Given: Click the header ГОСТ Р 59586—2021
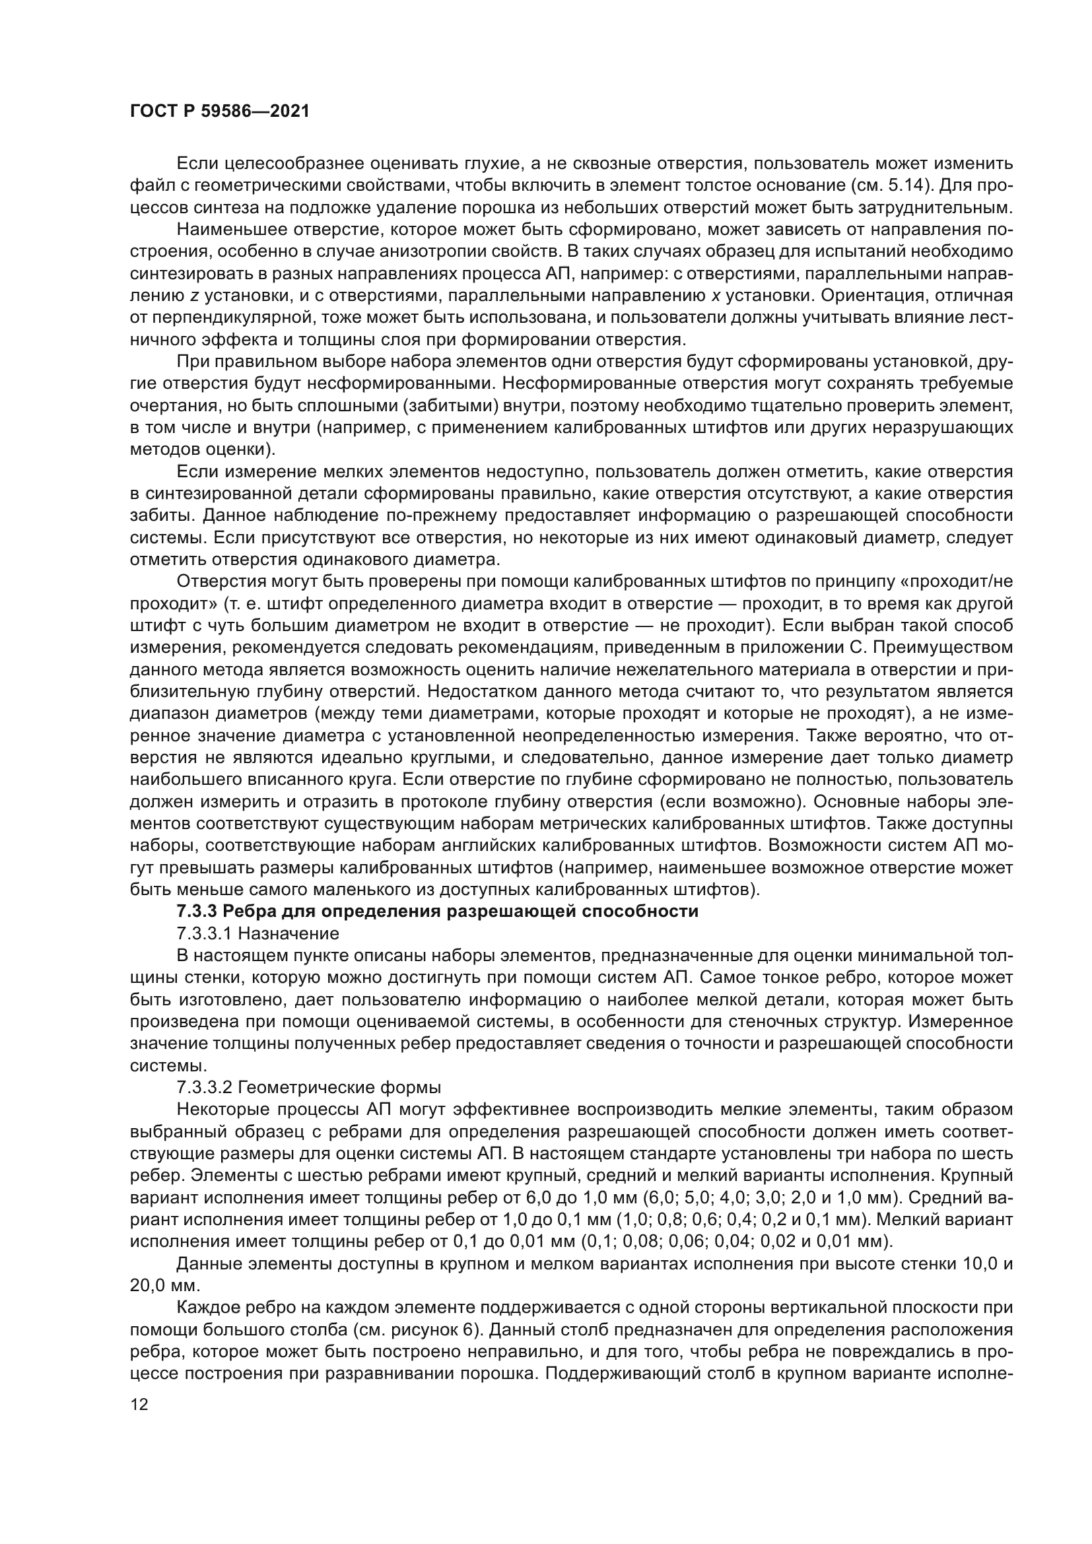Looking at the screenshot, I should [x=220, y=112].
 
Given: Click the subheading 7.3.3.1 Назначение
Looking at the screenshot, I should [x=257, y=934].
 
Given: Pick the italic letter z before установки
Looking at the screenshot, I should [x=194, y=296].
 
